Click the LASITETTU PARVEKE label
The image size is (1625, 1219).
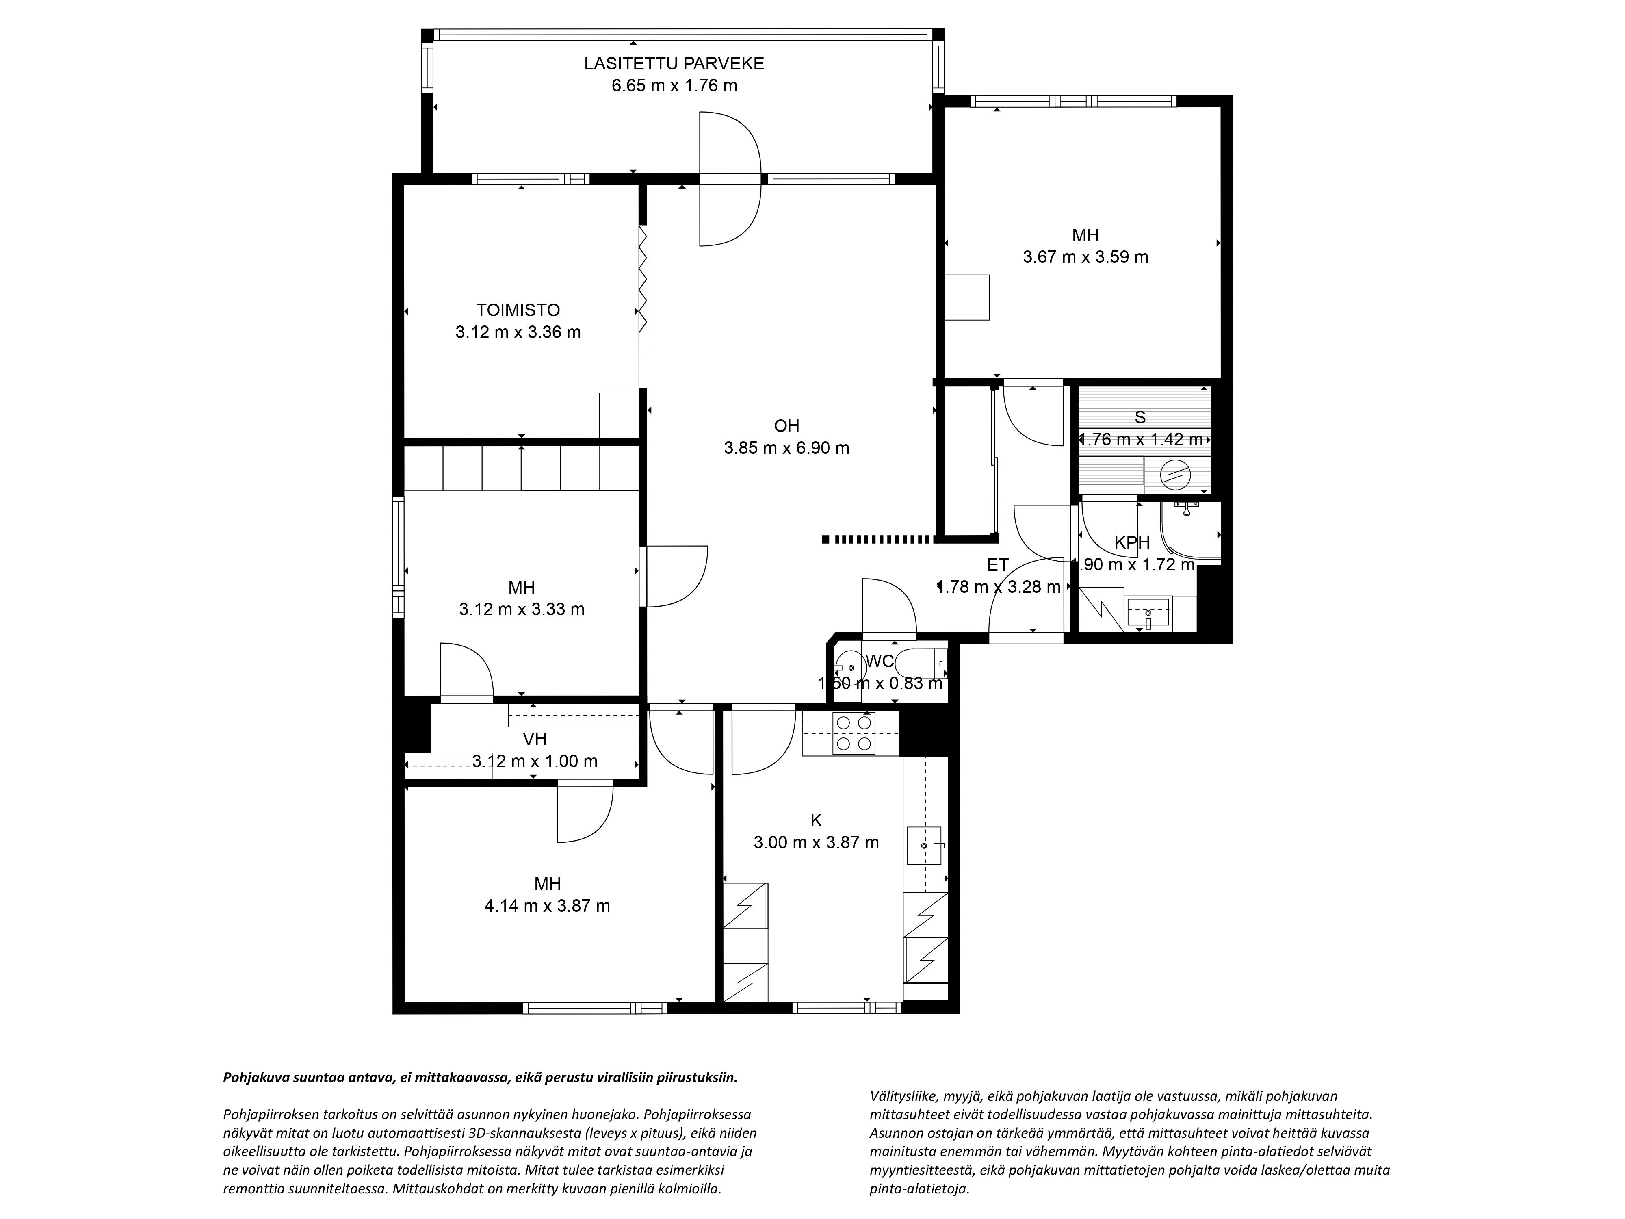(674, 63)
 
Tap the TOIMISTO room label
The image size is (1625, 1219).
(518, 310)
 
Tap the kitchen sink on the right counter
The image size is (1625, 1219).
(924, 846)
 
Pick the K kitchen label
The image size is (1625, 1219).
(816, 820)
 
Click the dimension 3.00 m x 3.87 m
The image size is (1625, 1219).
(816, 842)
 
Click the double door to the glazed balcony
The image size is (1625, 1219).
(730, 178)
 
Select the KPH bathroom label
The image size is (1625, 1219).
(1132, 542)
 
